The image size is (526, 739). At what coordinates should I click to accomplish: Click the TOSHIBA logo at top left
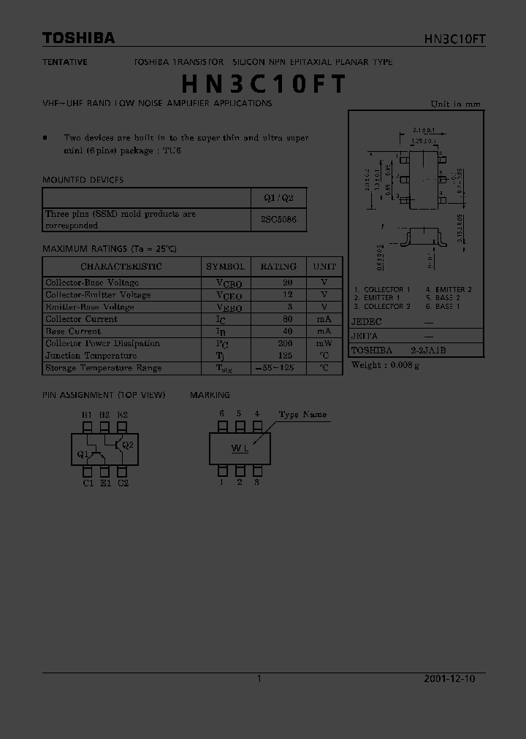point(78,38)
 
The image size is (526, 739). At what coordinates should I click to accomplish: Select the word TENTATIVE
point(64,62)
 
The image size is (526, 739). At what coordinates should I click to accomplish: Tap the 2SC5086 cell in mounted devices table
point(278,220)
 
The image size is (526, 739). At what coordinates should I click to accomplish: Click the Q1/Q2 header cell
point(278,198)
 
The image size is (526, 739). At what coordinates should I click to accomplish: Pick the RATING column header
point(278,267)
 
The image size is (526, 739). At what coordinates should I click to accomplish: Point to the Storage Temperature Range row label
point(104,368)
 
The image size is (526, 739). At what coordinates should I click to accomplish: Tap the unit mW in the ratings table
point(324,343)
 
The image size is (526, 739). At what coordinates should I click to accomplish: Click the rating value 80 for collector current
point(287,319)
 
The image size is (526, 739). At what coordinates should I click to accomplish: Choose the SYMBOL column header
point(226,267)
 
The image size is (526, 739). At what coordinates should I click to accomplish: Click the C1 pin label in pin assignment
point(88,483)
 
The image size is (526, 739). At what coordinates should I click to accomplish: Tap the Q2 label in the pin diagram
point(127,445)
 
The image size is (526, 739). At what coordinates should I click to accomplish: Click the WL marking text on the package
point(240,448)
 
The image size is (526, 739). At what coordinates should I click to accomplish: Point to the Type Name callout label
point(302,415)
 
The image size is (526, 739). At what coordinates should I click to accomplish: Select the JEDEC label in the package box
point(366,322)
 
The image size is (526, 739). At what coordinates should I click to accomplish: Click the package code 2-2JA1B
point(428,350)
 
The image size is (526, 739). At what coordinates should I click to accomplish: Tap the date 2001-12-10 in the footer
point(449,678)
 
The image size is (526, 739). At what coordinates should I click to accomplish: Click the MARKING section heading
point(210,395)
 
